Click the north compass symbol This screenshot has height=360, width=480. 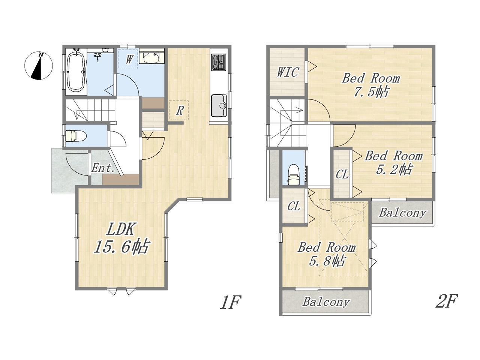pos(39,66)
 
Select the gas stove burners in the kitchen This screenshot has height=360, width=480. pos(219,62)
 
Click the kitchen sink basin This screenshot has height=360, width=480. pos(219,106)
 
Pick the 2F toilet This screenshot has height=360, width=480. pos(294,175)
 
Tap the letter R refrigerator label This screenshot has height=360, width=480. pos(180,110)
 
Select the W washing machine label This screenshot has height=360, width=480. pos(129,59)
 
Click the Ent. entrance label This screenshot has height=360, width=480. pos(103,168)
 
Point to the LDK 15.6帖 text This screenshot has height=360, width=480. pos(121,238)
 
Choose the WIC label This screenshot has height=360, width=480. pos(288,72)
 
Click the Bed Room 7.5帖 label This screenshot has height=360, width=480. pos(371,85)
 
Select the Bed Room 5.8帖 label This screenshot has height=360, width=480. pos(327,254)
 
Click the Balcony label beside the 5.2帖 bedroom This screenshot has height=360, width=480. pos(402,213)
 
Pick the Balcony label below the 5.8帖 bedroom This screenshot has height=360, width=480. pos(326,302)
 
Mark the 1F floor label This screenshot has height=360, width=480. pos(231,302)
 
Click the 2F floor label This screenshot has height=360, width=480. pos(447,301)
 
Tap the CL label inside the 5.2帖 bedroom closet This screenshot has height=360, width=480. pos(342,174)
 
